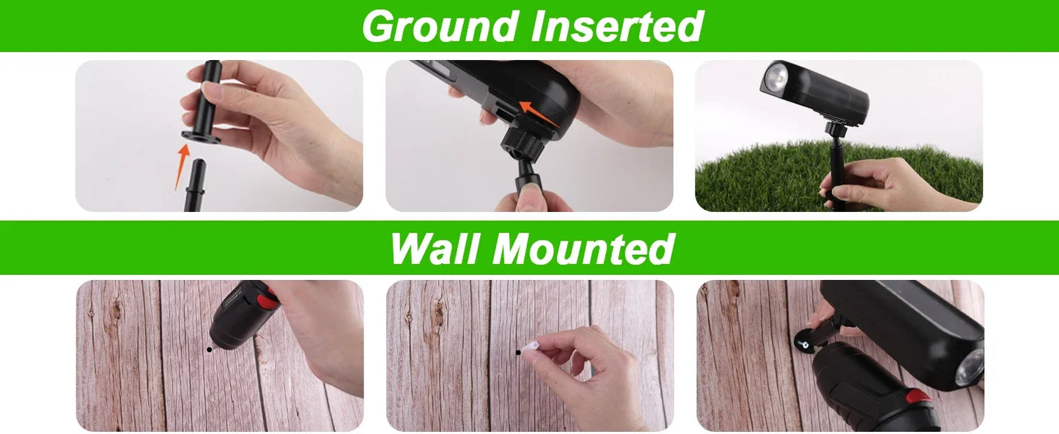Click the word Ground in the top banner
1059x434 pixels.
click(x=439, y=27)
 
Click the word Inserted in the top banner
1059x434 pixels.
click(x=617, y=26)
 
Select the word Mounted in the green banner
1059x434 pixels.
click(x=583, y=249)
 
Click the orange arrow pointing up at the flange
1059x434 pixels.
click(x=182, y=166)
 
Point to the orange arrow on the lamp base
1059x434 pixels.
click(x=539, y=114)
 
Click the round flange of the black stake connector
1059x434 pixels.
click(x=201, y=136)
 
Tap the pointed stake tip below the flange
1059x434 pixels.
click(x=196, y=185)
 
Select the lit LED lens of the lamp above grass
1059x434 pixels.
click(x=776, y=76)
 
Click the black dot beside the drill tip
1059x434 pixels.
click(x=210, y=350)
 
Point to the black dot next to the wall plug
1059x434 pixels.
click(x=519, y=352)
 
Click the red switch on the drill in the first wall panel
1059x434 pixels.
click(x=266, y=300)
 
